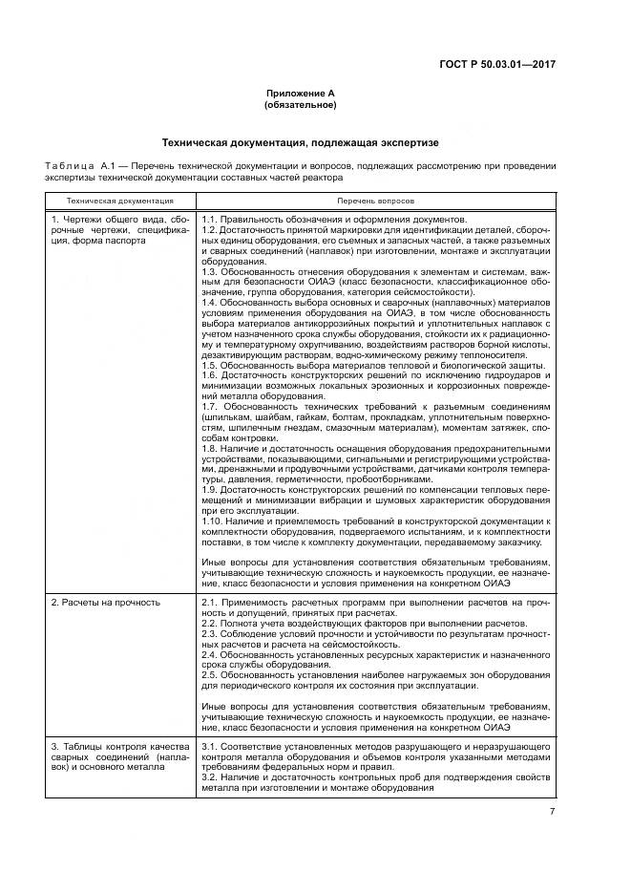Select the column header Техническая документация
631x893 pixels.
click(119, 202)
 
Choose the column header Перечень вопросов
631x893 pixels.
click(375, 202)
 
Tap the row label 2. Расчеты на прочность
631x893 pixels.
click(106, 603)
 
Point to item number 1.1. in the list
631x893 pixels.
click(210, 220)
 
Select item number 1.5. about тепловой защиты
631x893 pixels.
click(210, 366)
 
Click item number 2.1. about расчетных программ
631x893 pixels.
click(210, 603)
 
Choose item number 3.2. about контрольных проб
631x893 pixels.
click(210, 778)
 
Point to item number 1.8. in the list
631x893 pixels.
click(210, 449)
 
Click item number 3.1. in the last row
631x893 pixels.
click(210, 745)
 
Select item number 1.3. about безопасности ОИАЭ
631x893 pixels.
click(210, 271)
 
